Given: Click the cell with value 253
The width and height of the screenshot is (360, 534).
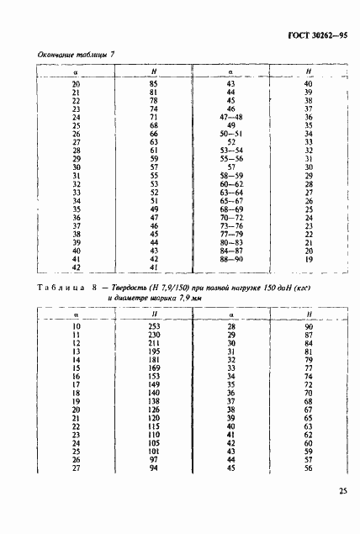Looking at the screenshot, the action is pyautogui.click(x=153, y=325).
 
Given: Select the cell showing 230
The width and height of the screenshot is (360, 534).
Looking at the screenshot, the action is pyautogui.click(x=153, y=334).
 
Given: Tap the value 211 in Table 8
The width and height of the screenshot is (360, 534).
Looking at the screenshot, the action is pyautogui.click(x=153, y=343).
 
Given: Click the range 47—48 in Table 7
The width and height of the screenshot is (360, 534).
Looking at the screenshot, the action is pyautogui.click(x=230, y=117).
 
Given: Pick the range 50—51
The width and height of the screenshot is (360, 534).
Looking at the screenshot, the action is pyautogui.click(x=230, y=135).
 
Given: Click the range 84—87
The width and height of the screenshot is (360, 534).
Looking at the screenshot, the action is pyautogui.click(x=230, y=250).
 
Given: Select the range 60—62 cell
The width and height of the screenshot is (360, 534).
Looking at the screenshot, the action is pyautogui.click(x=230, y=183).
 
